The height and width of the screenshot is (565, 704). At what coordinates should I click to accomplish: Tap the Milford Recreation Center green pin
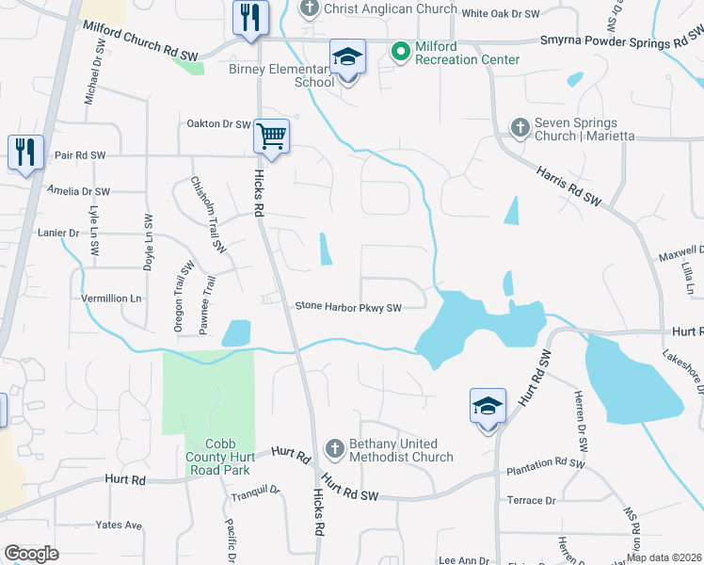399,50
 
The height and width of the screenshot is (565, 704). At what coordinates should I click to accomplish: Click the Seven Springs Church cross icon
519,126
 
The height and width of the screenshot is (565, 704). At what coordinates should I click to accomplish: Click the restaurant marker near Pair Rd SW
24,152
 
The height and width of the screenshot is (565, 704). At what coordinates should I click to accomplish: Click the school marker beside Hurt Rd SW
488,407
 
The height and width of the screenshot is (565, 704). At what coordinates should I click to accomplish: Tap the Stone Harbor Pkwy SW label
348,306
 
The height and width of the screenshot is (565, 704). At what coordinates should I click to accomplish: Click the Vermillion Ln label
111,299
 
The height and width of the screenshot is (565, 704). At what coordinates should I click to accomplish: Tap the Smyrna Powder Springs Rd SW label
620,41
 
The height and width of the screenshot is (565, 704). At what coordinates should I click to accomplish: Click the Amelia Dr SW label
78,191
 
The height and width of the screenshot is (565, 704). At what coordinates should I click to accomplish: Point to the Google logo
31,554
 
